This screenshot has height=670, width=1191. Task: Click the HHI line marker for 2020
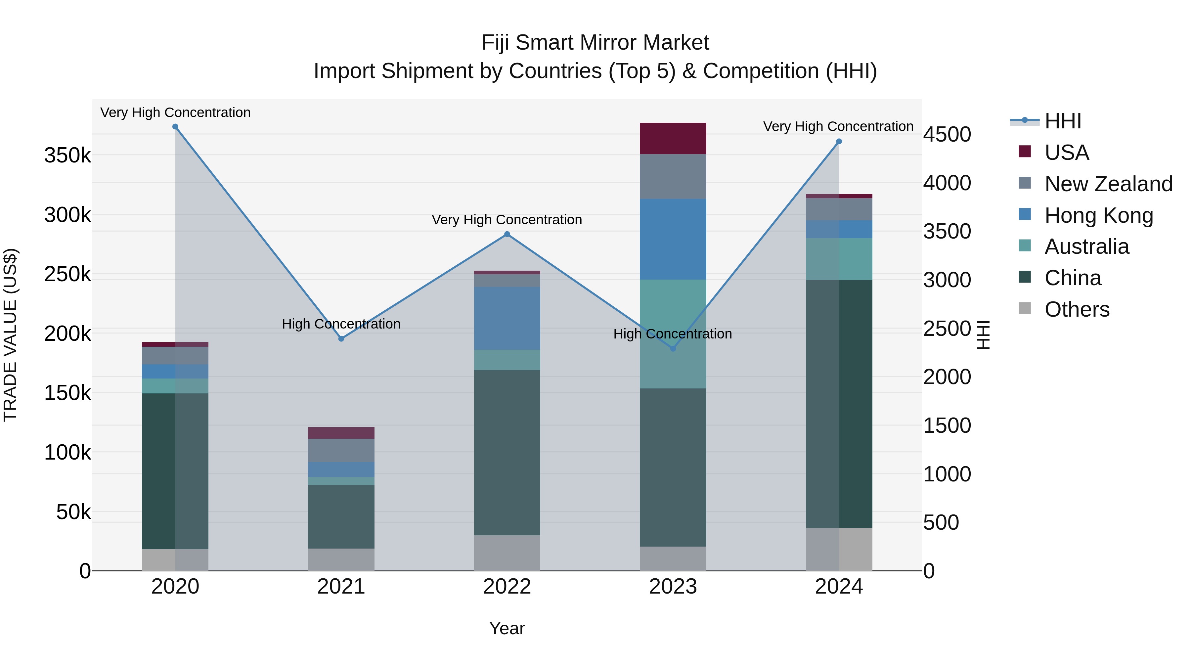click(x=175, y=127)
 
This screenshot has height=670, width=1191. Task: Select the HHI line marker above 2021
click(x=341, y=338)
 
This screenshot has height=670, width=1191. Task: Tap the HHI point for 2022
click(x=507, y=235)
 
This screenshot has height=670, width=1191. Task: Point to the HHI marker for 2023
click(x=673, y=349)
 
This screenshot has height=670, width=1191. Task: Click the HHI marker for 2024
click(x=839, y=142)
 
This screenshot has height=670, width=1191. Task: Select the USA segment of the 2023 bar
click(x=673, y=138)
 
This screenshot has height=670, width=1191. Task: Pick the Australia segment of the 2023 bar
click(x=673, y=334)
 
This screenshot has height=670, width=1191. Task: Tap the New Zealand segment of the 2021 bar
click(x=341, y=450)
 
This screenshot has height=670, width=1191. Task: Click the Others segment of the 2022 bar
click(x=507, y=553)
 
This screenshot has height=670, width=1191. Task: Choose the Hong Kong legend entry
click(x=1098, y=215)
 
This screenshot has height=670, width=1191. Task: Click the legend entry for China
click(x=1073, y=278)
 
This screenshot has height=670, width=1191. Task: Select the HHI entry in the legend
click(x=1062, y=121)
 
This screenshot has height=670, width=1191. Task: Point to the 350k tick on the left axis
click(x=67, y=156)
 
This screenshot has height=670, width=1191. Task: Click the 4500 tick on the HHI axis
click(x=947, y=135)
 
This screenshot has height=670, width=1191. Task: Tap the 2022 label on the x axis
click(x=507, y=587)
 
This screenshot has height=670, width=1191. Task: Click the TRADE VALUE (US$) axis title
click(x=10, y=335)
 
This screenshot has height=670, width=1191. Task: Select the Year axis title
click(x=507, y=628)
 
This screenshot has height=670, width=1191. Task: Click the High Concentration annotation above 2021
click(x=341, y=324)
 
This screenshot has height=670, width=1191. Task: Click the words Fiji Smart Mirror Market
click(x=595, y=43)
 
